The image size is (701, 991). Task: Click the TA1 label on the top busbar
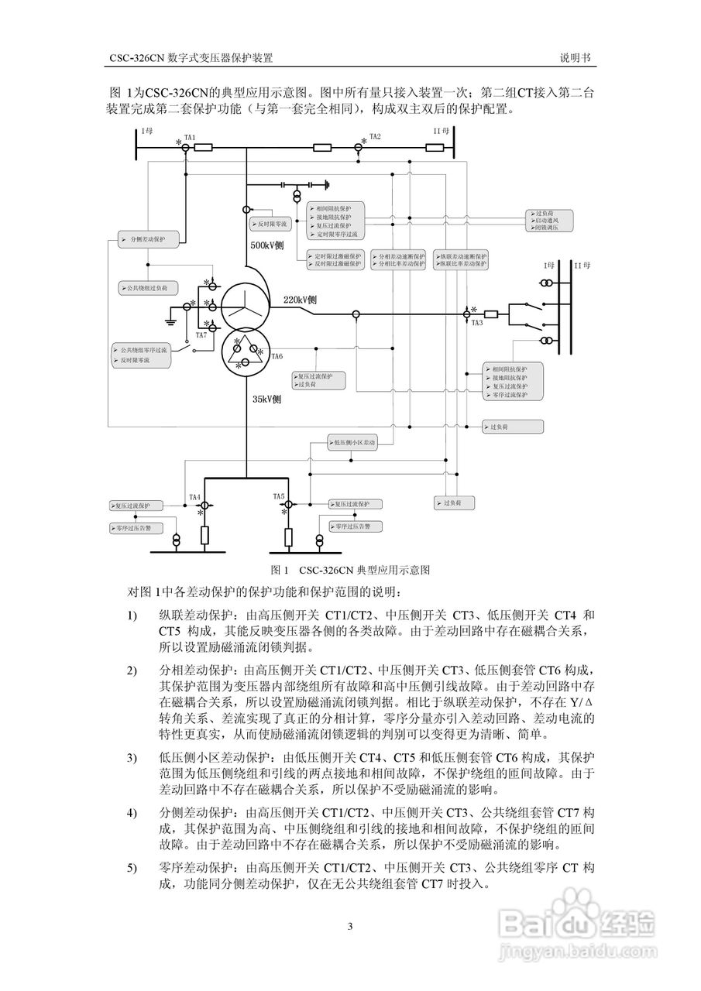click(x=189, y=136)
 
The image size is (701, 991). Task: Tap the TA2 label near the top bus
click(x=375, y=136)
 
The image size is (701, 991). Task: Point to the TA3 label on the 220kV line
click(x=477, y=322)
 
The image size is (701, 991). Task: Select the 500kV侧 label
click(x=267, y=245)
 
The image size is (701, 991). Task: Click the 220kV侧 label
click(x=300, y=300)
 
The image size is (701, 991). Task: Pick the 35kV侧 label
click(x=266, y=399)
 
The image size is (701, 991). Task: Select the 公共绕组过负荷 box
click(x=147, y=288)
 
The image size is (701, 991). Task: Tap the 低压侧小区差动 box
click(x=353, y=444)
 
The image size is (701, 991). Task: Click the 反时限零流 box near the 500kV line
click(x=269, y=224)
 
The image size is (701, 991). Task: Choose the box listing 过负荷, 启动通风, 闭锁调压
click(x=552, y=221)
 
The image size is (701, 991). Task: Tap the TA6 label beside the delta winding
click(x=277, y=356)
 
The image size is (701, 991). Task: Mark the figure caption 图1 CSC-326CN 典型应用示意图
click(x=351, y=570)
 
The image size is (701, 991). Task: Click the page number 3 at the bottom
click(x=350, y=926)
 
